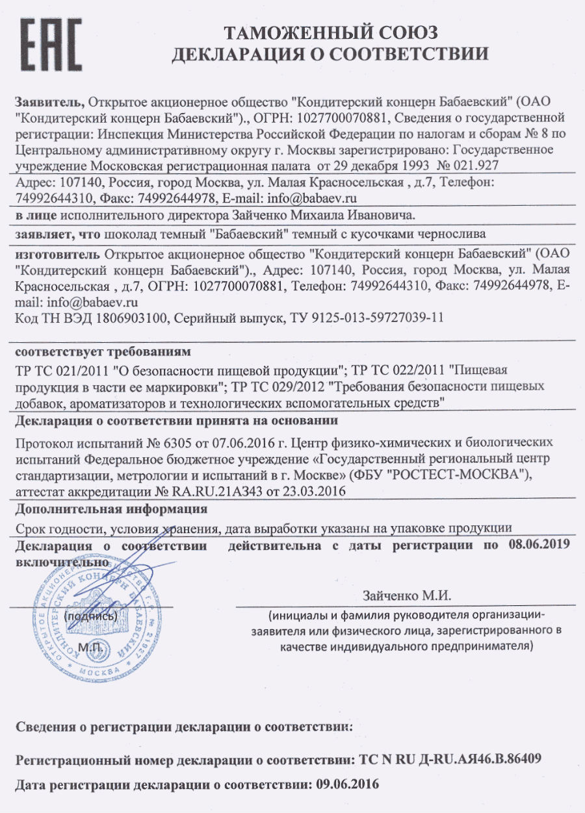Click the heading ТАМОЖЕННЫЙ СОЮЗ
pyautogui.click(x=330, y=32)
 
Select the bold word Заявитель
pyautogui.click(x=49, y=102)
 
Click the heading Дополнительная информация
pyautogui.click(x=111, y=508)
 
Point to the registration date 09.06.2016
pyautogui.click(x=347, y=784)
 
